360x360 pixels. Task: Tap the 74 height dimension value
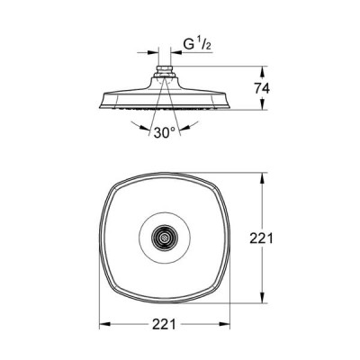[262, 88]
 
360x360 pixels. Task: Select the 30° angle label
[165, 132]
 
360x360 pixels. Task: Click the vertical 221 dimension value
[262, 238]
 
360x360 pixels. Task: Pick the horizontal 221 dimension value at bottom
[164, 324]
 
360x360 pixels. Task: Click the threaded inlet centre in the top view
[164, 238]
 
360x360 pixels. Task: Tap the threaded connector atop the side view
[164, 71]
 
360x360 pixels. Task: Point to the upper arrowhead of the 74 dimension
[262, 71]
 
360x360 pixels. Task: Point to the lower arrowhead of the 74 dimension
[262, 104]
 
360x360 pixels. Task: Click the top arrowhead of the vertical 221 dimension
[262, 178]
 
